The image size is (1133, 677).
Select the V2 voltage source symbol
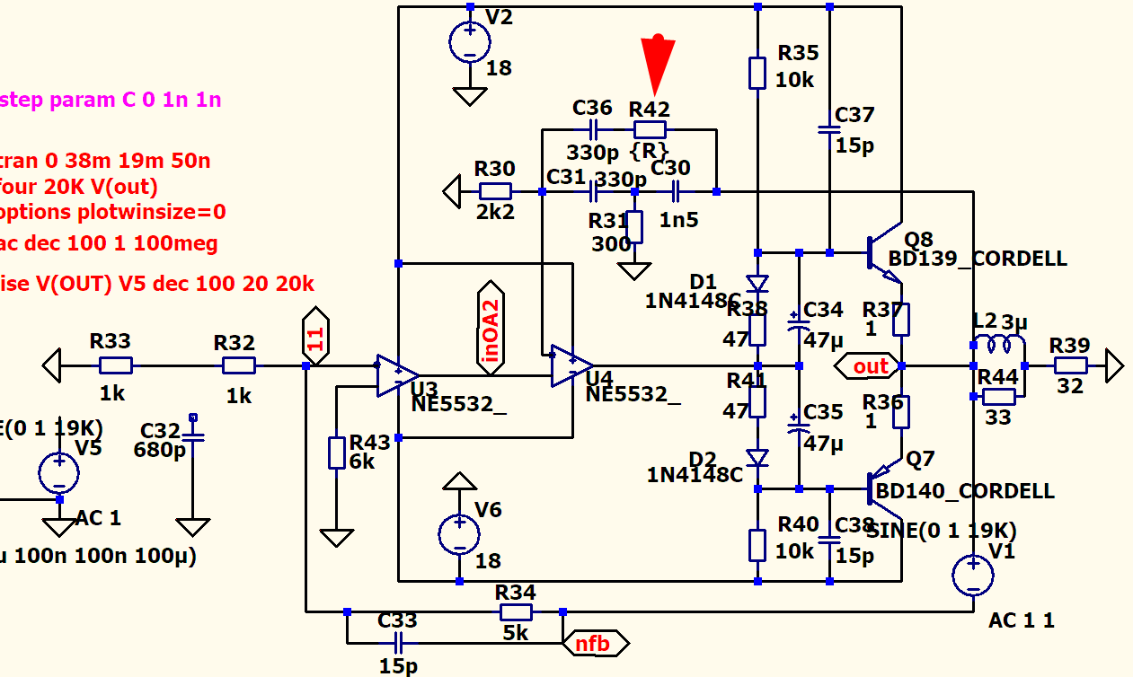click(x=469, y=42)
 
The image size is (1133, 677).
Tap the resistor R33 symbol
click(x=115, y=365)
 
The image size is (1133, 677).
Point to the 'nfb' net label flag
click(x=594, y=643)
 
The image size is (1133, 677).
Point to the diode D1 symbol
click(x=757, y=284)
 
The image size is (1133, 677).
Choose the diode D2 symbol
click(x=757, y=458)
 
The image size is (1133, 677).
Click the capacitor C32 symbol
click(x=192, y=438)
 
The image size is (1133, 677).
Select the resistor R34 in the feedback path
click(x=516, y=612)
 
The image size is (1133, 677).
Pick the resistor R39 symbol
click(x=1070, y=365)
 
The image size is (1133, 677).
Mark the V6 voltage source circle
click(x=459, y=534)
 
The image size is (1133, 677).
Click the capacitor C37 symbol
click(x=829, y=130)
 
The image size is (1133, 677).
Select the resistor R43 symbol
click(x=337, y=453)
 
